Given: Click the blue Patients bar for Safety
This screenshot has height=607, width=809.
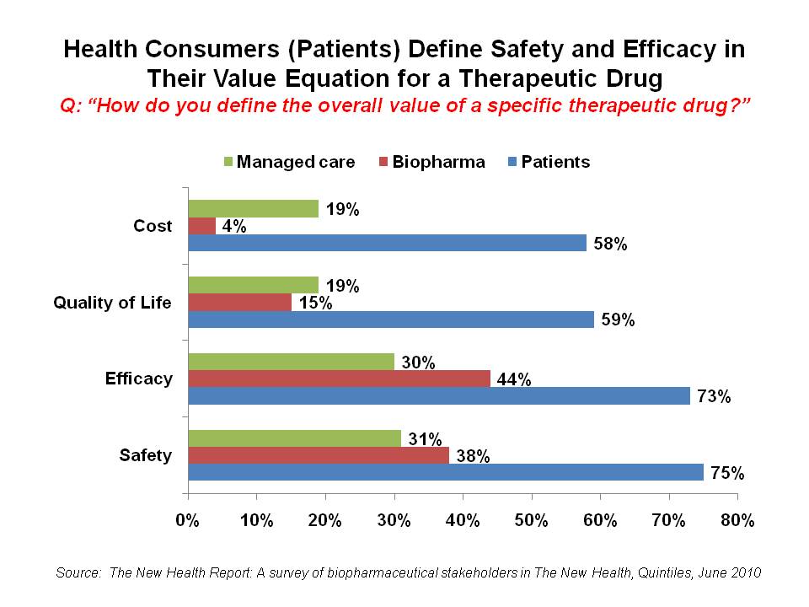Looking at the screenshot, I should click(x=445, y=473).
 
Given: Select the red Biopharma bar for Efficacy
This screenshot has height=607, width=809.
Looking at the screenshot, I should click(x=339, y=379).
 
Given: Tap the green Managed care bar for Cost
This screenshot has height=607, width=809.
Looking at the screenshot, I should click(x=253, y=209).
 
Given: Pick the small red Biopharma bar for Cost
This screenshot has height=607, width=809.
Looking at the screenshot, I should click(x=201, y=226).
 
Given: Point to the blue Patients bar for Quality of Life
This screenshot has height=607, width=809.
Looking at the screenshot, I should click(x=390, y=320).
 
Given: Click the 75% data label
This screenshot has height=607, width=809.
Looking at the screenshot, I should click(x=726, y=473).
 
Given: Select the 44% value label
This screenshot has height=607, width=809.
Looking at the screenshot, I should click(x=513, y=380).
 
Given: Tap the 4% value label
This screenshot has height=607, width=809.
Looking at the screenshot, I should click(x=233, y=226).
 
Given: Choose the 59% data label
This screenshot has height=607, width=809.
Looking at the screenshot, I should click(x=617, y=320).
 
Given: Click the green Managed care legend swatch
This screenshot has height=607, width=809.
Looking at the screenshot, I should click(x=229, y=162).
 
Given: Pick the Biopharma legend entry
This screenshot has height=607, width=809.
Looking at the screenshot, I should click(x=437, y=162).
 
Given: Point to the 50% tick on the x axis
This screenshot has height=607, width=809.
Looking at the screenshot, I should click(x=531, y=521).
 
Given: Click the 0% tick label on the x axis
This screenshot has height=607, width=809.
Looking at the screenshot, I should click(x=188, y=521).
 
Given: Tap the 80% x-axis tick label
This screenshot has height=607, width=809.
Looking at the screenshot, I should click(x=737, y=521).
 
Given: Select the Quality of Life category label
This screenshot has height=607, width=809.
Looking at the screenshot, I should click(x=112, y=303).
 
